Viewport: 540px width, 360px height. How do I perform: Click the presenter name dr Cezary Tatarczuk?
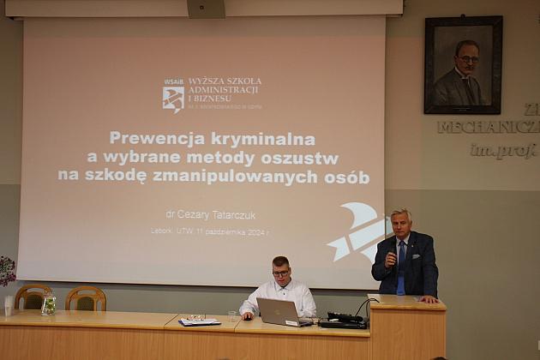(209, 214)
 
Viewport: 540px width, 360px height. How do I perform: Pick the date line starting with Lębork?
(209, 231)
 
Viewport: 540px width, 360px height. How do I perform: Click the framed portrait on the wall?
(464, 65)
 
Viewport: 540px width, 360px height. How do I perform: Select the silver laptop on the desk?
(279, 311)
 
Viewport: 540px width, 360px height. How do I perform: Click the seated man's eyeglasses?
(281, 273)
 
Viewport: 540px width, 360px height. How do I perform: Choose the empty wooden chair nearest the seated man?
(86, 298)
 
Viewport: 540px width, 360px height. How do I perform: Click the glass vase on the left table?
(49, 304)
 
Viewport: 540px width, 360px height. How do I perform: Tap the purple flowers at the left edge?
(6, 271)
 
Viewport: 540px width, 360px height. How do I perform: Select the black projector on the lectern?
(345, 320)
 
